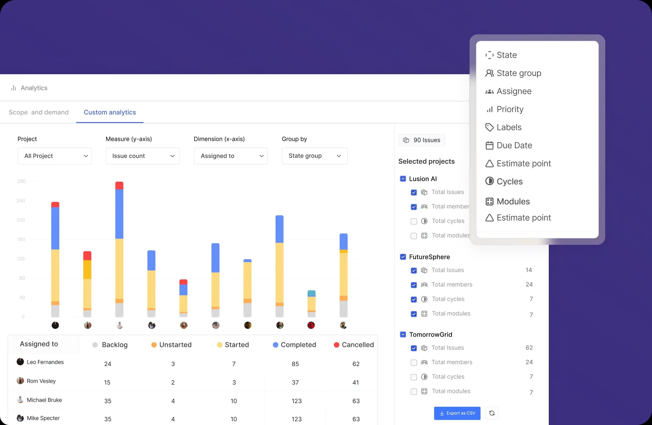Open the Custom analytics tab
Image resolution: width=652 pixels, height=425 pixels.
pyautogui.click(x=110, y=112)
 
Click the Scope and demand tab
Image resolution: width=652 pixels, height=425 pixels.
pyautogui.click(x=39, y=112)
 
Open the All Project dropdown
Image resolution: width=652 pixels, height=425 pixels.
pyautogui.click(x=55, y=156)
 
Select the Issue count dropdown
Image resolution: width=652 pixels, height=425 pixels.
pyautogui.click(x=143, y=156)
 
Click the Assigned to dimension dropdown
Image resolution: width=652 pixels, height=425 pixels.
pyautogui.click(x=231, y=156)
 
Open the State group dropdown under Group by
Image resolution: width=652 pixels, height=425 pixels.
pyautogui.click(x=315, y=156)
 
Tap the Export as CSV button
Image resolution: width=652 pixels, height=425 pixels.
pyautogui.click(x=457, y=413)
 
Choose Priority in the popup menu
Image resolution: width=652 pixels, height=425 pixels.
pyautogui.click(x=509, y=109)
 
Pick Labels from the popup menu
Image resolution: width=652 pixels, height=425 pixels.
pyautogui.click(x=509, y=127)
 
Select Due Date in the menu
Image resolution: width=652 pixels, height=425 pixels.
pyautogui.click(x=514, y=145)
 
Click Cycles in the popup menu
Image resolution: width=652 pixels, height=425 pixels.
pyautogui.click(x=509, y=181)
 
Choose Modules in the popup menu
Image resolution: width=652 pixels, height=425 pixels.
pyautogui.click(x=513, y=201)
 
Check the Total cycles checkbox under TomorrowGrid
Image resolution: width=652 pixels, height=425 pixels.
pyautogui.click(x=414, y=377)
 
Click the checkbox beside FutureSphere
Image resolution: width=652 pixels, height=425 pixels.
pyautogui.click(x=403, y=257)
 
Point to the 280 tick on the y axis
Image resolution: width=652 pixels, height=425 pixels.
pyautogui.click(x=22, y=181)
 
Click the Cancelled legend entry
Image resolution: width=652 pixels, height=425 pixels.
pyautogui.click(x=354, y=345)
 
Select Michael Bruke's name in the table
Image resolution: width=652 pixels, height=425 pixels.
pyautogui.click(x=45, y=400)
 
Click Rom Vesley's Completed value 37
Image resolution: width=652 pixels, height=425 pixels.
pyautogui.click(x=295, y=382)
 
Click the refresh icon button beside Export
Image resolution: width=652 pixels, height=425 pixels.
pyautogui.click(x=492, y=413)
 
